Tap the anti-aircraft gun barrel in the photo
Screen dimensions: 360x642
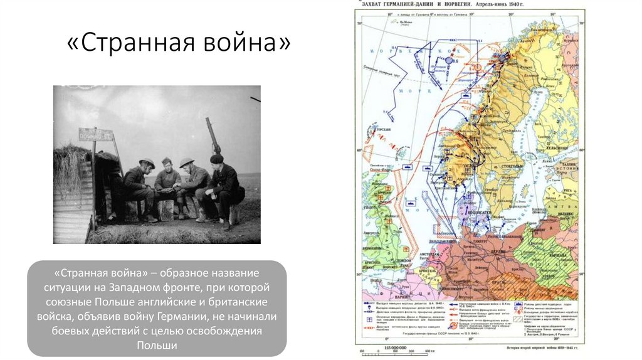(x=211, y=132)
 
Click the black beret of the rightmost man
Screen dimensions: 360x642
(x=216, y=158)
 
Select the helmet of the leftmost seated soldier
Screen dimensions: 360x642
(x=147, y=163)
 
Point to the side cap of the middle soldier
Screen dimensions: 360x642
(x=166, y=161)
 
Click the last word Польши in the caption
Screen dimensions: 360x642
(x=157, y=346)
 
